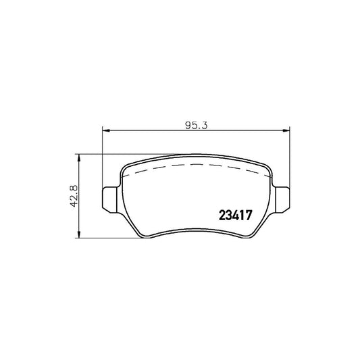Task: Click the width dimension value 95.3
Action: click(x=196, y=126)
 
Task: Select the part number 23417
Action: click(x=236, y=215)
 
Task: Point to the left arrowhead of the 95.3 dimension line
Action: click(x=105, y=130)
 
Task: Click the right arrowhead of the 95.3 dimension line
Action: click(x=286, y=130)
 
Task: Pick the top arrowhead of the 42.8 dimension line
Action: click(x=79, y=158)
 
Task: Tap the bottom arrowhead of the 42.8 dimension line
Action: click(x=79, y=234)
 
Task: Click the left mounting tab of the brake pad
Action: click(x=109, y=200)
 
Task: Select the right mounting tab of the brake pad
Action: click(x=282, y=200)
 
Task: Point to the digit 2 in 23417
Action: click(x=222, y=215)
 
